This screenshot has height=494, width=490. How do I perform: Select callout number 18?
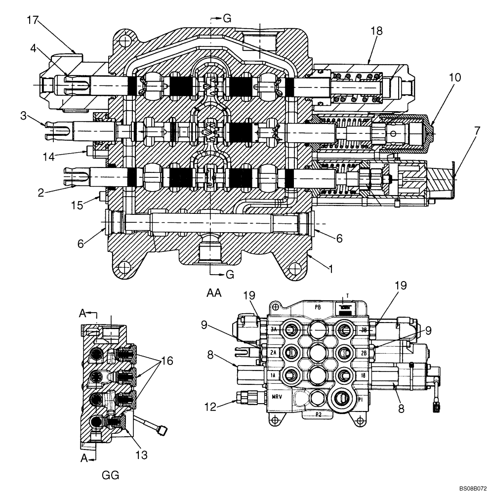tap(376, 31)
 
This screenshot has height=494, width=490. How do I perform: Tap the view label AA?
tap(214, 293)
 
